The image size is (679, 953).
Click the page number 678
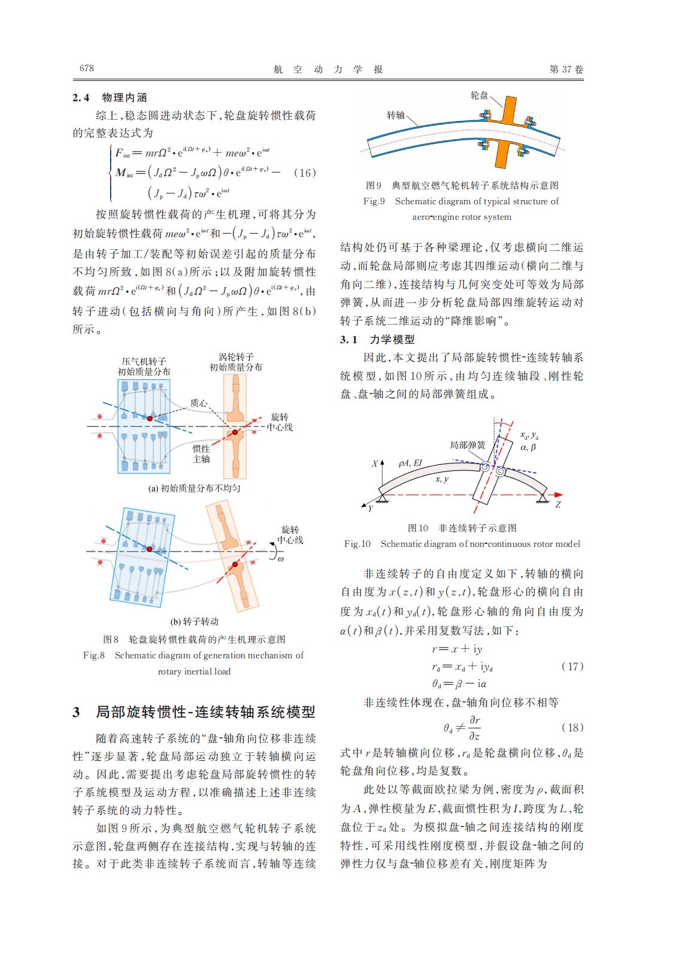pos(87,68)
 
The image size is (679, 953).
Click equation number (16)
pos(305,173)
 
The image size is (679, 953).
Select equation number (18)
pos(572,727)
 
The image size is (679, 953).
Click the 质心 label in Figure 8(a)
pos(198,403)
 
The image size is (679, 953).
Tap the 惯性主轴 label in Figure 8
pos(201,453)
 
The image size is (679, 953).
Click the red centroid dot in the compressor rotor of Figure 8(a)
pos(150,418)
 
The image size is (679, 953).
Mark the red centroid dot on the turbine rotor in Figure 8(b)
pos(235,564)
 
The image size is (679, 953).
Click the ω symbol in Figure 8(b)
pos(280,558)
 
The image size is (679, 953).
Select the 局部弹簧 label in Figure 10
pos(468,445)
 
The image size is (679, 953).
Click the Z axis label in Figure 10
pos(557,505)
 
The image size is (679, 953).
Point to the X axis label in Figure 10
pos(375,464)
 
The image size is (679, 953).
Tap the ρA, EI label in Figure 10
pos(410,462)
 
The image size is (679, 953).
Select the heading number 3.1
pos(348,340)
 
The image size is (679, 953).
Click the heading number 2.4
pos(81,98)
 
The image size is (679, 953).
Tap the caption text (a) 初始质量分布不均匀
pos(194,488)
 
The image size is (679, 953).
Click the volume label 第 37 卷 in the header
pos(566,69)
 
